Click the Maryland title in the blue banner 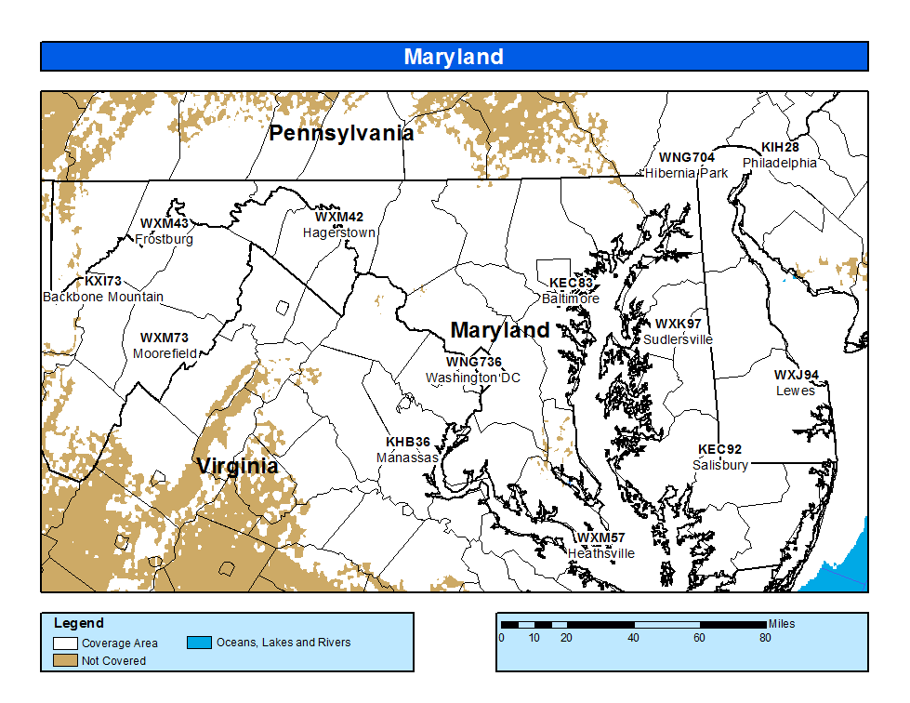[454, 57]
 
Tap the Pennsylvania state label [341, 133]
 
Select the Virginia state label [237, 466]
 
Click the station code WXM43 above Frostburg [165, 224]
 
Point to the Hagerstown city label [338, 233]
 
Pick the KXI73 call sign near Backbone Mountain [103, 281]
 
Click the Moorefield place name [165, 354]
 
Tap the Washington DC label [473, 378]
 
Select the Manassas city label [407, 458]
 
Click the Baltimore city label [571, 298]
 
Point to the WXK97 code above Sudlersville [679, 325]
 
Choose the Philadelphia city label [779, 163]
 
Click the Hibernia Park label [687, 173]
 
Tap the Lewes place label [795, 391]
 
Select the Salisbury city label [720, 465]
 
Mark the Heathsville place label [601, 553]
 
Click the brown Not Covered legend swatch [65, 660]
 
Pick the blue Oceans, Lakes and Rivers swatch [199, 643]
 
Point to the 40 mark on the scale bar [634, 638]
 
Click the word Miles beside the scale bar [782, 624]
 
